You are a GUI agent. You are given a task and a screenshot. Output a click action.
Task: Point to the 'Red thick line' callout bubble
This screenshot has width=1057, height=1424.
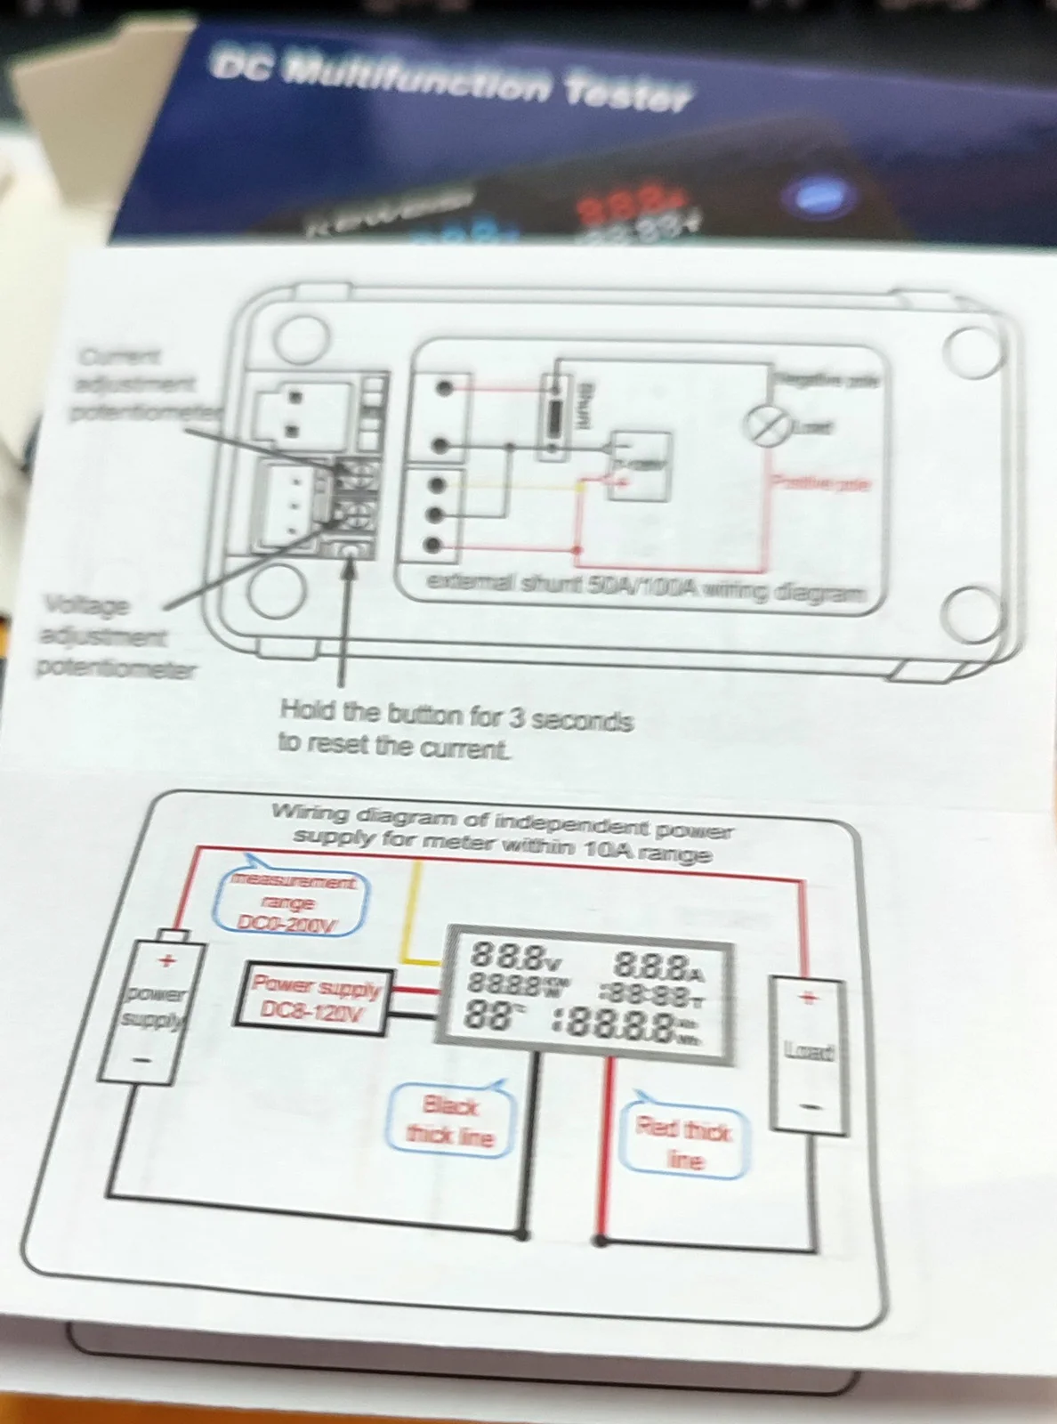tap(683, 1143)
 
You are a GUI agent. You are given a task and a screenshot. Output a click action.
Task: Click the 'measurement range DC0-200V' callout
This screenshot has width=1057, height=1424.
tap(290, 902)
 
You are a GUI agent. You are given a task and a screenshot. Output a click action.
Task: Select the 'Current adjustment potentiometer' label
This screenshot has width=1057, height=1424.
tap(142, 384)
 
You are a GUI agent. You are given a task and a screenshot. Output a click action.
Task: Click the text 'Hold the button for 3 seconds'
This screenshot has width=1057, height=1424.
tap(456, 716)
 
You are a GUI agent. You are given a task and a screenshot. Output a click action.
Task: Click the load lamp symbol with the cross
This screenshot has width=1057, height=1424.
tap(766, 425)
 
